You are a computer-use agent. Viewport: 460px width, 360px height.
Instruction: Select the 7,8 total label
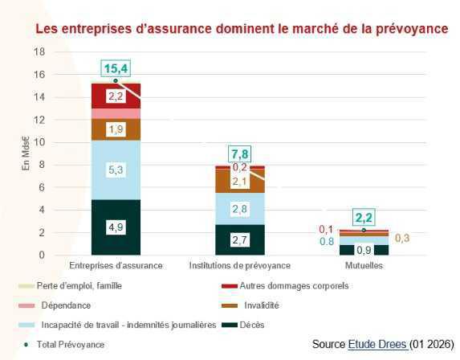[x=240, y=153]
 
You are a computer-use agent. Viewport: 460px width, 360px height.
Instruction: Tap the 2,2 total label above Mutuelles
[x=364, y=218]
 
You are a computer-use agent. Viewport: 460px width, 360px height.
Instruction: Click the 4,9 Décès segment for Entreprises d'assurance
[x=116, y=227]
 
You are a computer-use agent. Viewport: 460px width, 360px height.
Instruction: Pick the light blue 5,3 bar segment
[x=116, y=170]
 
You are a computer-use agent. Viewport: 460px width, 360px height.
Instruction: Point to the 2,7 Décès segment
[x=240, y=239]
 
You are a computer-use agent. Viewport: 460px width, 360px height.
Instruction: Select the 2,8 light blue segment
[x=240, y=209]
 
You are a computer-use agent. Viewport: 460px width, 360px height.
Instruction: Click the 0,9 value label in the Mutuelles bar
[x=364, y=250]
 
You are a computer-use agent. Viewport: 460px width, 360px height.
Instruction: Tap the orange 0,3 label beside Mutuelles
[x=401, y=238]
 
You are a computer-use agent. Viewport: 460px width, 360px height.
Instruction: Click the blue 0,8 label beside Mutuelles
[x=327, y=241]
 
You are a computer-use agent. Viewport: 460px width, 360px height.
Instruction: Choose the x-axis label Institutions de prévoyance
[x=240, y=265]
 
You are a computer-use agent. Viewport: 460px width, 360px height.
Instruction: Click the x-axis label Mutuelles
[x=364, y=265]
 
